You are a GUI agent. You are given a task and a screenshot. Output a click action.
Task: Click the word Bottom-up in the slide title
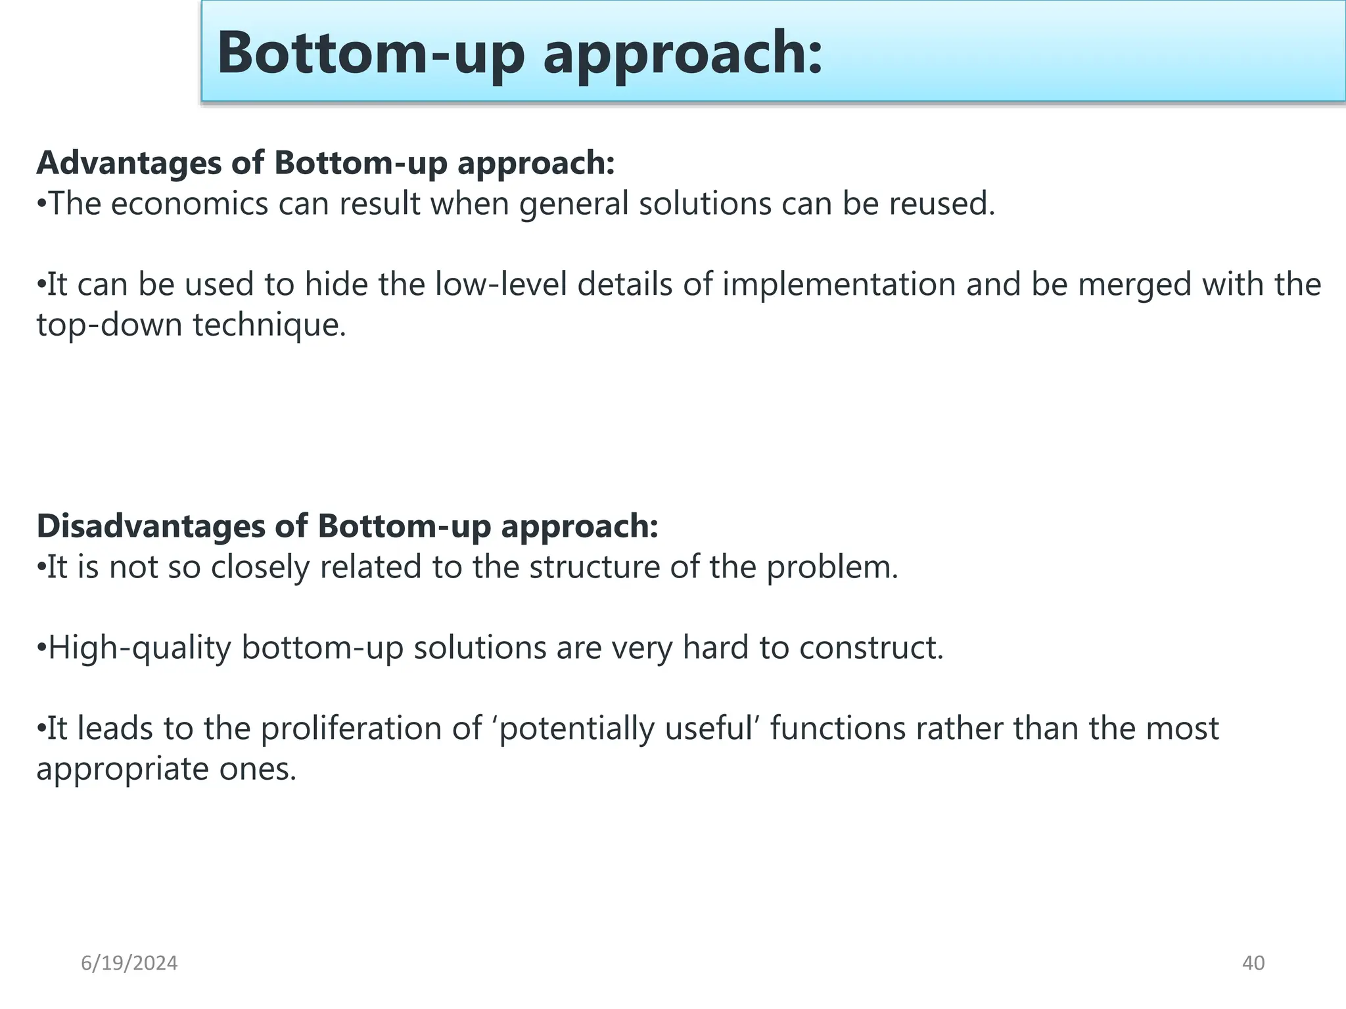[371, 53]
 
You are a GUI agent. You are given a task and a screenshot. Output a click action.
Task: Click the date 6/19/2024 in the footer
[129, 963]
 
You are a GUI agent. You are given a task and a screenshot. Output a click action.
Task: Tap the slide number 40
[1253, 963]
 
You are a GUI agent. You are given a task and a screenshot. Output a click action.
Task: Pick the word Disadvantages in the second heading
[151, 526]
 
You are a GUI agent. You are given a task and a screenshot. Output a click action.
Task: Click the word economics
[189, 204]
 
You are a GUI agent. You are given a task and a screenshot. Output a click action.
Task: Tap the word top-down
[108, 325]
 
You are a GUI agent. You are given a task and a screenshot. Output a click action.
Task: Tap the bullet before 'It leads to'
[40, 729]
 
